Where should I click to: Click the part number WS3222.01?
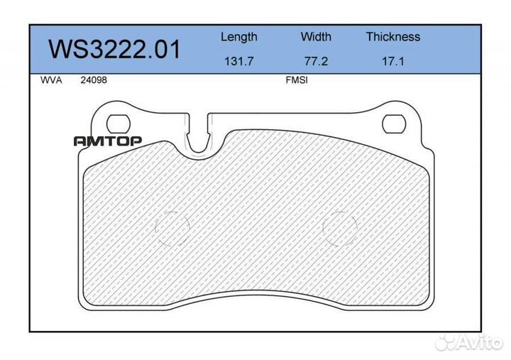tap(114, 50)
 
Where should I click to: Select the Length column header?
tap(238, 37)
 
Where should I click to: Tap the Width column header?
tap(315, 37)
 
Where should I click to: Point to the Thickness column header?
tap(392, 37)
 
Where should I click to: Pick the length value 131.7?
tap(238, 61)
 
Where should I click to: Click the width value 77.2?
tap(315, 61)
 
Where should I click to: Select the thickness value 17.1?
tap(392, 61)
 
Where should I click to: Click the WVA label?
tap(52, 80)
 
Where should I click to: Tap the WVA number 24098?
tap(92, 80)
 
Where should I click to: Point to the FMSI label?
tap(295, 80)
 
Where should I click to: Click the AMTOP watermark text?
tap(108, 141)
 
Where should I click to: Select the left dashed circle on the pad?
tap(173, 229)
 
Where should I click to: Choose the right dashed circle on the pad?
tap(341, 229)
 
